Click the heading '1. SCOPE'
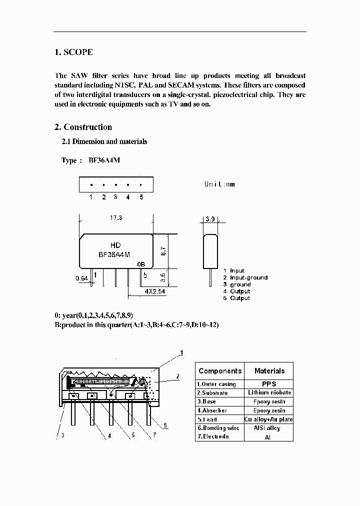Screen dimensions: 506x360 73,52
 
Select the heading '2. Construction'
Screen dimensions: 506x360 83,127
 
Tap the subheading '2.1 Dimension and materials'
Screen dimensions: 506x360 104,141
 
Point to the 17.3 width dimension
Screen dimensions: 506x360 115,218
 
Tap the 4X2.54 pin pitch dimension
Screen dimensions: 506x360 154,290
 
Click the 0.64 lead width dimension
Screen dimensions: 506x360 81,278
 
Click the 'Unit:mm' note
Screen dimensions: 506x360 219,184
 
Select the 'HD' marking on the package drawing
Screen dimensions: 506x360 115,245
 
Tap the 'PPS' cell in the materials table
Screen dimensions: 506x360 269,384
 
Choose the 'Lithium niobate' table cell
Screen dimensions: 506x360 269,392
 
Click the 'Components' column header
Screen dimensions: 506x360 219,371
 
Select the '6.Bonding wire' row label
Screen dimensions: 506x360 218,428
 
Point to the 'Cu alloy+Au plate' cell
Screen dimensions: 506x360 269,419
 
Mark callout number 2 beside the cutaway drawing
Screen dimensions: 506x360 177,376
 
